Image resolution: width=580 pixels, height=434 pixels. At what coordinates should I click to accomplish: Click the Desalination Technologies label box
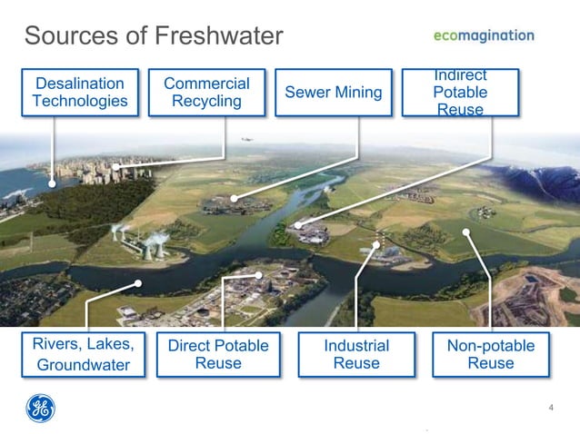80,92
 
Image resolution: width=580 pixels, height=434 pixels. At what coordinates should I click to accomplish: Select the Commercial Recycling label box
206,92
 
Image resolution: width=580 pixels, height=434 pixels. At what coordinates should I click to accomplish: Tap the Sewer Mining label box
333,92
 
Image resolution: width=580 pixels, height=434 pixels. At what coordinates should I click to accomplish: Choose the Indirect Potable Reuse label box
460,92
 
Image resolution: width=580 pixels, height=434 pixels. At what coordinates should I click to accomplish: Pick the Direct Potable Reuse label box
218,354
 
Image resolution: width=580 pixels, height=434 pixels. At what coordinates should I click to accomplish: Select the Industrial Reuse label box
356,354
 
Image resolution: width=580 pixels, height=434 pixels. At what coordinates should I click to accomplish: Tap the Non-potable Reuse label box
490,354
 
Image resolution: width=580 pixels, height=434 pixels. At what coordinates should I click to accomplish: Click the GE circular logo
40,408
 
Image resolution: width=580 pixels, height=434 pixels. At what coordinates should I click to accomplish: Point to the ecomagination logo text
483,35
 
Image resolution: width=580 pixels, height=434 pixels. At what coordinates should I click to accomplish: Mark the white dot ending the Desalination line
52,183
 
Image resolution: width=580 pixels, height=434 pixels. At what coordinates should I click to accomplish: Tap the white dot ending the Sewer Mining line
234,197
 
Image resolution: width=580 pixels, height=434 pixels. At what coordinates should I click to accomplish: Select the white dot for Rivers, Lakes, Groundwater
138,282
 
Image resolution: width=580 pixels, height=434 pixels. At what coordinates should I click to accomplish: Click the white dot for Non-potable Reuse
466,232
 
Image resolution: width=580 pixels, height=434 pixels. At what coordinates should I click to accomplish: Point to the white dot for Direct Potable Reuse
259,274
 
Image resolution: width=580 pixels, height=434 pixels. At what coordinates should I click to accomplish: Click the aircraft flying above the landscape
245,140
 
